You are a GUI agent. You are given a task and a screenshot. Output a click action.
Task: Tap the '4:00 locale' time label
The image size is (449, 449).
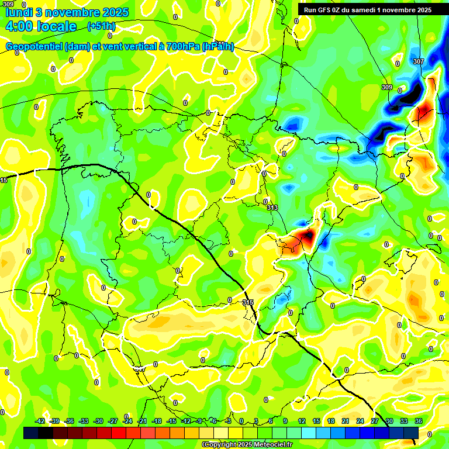tap(41, 26)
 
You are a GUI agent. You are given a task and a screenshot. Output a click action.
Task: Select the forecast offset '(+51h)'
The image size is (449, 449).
tap(101, 26)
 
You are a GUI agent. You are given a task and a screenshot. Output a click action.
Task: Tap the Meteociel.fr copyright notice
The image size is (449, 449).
tap(247, 444)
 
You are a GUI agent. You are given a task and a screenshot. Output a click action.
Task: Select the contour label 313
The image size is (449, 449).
tap(272, 208)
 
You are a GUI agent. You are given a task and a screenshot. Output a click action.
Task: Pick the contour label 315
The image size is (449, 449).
tap(248, 302)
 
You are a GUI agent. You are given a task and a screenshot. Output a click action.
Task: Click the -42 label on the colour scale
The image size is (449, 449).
tap(40, 421)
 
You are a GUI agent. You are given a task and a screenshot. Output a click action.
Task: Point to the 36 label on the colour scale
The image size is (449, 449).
tap(419, 421)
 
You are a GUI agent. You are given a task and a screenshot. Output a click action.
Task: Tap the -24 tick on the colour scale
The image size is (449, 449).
tap(127, 421)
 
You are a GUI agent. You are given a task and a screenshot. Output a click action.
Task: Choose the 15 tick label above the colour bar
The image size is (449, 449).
tap(316, 421)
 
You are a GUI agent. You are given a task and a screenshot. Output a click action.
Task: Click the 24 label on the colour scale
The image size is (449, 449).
tap(360, 421)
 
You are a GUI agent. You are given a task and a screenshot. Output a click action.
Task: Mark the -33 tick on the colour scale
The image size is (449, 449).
tap(84, 421)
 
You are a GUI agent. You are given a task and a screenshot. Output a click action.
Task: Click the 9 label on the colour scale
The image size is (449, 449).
tap(285, 421)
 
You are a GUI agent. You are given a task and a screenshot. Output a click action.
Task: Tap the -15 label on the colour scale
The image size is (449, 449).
tap(171, 421)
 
